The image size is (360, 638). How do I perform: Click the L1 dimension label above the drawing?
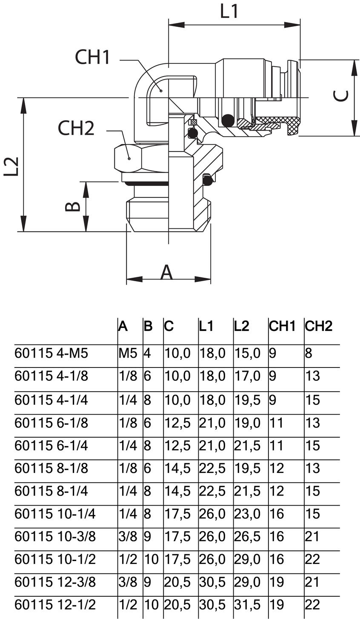click(230, 11)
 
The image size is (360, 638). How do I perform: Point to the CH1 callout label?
click(92, 57)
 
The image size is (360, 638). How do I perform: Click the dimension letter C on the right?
click(341, 97)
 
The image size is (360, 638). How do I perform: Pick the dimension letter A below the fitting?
click(166, 272)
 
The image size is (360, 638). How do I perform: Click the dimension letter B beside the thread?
click(73, 206)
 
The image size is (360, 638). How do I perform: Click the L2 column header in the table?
click(241, 326)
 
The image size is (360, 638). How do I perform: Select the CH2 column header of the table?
click(318, 326)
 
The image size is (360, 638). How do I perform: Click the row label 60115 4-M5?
click(51, 353)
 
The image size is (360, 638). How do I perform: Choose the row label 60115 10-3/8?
click(55, 536)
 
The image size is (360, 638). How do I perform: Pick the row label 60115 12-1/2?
click(55, 604)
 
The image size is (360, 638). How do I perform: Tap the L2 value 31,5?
click(247, 604)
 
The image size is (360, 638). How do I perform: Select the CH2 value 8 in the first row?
click(309, 353)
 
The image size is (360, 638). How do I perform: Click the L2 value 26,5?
click(247, 536)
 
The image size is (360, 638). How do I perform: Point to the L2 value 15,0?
click(247, 353)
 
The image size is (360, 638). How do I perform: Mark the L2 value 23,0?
click(247, 514)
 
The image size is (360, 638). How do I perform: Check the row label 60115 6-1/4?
click(51, 445)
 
